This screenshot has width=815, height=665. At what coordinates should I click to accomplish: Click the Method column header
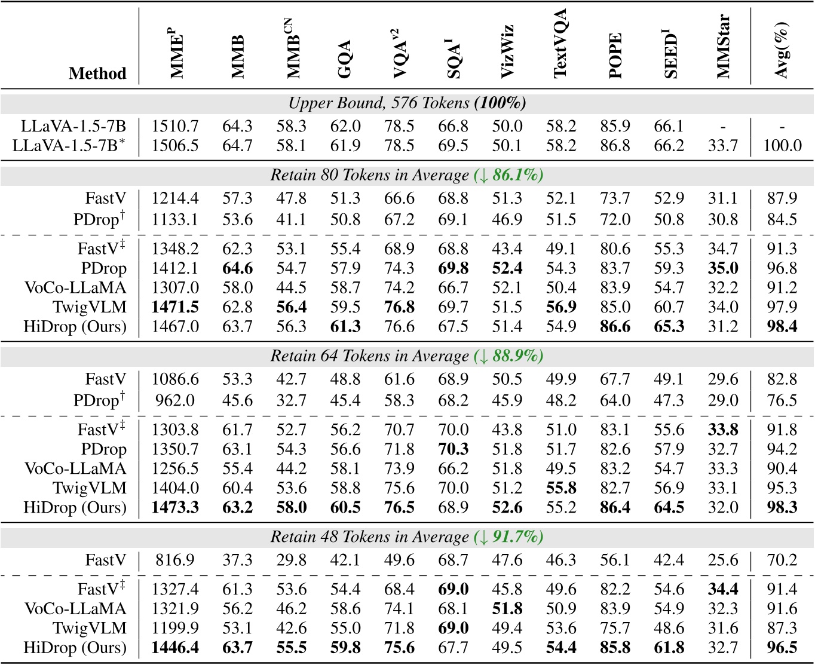coord(97,73)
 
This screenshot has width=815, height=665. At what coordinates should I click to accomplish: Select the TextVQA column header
coord(560,44)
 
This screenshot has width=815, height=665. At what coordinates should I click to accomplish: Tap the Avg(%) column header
coord(782,50)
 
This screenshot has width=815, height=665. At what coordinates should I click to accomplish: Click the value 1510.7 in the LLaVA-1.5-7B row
coord(175,127)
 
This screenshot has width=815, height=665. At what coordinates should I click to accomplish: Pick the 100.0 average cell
coord(782,146)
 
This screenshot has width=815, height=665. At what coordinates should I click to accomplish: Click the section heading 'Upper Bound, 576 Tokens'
coord(407,103)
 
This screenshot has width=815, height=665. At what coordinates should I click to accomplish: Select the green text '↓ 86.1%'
coord(508,176)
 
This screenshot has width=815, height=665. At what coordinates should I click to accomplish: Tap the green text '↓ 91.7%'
coord(508,537)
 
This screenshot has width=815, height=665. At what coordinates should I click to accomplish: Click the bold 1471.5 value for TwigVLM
coord(175,307)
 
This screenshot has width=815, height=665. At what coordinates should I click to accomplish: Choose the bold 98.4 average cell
coord(782,327)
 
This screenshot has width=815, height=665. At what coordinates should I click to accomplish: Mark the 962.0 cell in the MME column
coord(175,400)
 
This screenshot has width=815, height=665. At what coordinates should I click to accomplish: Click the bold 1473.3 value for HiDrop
coord(175,508)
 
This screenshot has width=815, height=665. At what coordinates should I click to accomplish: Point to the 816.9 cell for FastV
coord(175,560)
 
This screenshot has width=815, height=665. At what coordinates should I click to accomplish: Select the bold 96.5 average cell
coord(782,648)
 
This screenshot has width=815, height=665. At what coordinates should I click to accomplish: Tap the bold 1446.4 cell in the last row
coord(175,648)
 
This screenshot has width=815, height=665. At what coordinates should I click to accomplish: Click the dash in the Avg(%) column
coord(782,127)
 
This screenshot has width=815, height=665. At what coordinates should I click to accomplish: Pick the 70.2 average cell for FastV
coord(782,560)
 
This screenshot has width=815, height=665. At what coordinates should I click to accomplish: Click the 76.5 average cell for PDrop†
coord(782,400)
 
